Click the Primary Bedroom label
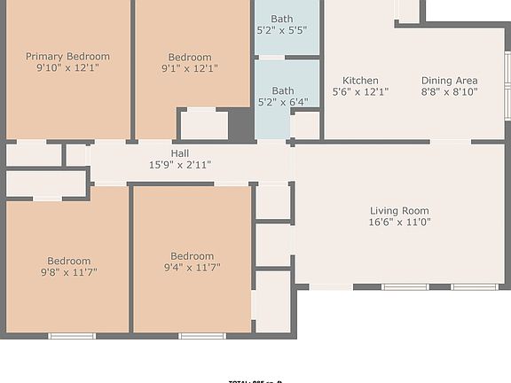click(x=67, y=56)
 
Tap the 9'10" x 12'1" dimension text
click(x=67, y=67)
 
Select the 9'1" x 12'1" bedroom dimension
click(x=190, y=68)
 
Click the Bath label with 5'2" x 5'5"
click(x=282, y=19)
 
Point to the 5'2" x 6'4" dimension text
click(x=282, y=102)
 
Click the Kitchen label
click(x=360, y=80)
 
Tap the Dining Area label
click(x=449, y=80)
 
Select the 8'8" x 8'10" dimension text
click(x=449, y=91)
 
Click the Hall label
click(x=179, y=153)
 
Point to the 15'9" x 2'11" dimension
click(x=179, y=165)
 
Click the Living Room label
click(x=399, y=211)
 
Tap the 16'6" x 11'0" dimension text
click(x=399, y=223)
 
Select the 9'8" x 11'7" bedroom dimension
click(x=69, y=272)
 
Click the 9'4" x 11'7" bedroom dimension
click(x=192, y=267)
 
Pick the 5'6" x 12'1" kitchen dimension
click(x=360, y=91)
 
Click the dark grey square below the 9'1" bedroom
click(x=240, y=124)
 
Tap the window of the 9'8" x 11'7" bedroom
click(x=72, y=336)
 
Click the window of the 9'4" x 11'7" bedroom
click(x=202, y=336)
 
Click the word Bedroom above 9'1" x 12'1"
click(x=190, y=58)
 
